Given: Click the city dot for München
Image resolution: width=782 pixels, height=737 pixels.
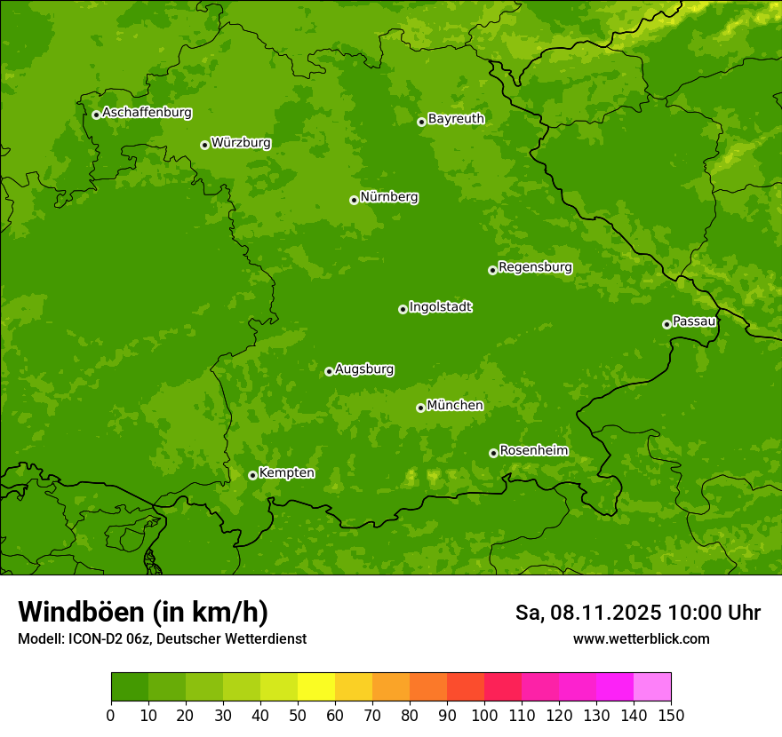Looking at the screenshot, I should (x=420, y=408).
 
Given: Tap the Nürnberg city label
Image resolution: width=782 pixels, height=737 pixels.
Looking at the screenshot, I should (x=389, y=197).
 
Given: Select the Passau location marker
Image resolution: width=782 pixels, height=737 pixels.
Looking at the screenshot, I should (x=666, y=324).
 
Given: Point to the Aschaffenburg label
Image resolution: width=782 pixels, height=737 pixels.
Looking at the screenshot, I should (x=147, y=113).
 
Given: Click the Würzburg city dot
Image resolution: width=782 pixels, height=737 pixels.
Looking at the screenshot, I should (x=204, y=145).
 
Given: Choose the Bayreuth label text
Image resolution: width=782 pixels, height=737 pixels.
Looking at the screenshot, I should (x=456, y=119).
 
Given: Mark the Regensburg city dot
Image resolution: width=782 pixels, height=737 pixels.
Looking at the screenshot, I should (x=492, y=270).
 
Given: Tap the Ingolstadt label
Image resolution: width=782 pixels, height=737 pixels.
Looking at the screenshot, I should (x=440, y=307).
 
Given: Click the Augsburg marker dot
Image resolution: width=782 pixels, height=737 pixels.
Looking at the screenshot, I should (x=329, y=371).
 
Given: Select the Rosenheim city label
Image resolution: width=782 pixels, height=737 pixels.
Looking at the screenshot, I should (x=533, y=450).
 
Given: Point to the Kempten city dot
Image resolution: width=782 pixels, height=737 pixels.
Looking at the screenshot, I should (x=252, y=475).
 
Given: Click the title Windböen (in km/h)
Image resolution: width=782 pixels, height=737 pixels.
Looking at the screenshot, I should (x=143, y=612).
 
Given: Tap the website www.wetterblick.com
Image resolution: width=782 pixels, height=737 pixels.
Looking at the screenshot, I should (x=641, y=638).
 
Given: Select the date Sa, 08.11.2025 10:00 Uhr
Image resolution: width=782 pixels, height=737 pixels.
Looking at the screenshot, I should (x=637, y=613).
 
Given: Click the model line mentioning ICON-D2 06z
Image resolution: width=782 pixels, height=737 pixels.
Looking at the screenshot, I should (x=162, y=638).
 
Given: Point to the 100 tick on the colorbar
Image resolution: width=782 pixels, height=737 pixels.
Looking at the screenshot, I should (x=484, y=715).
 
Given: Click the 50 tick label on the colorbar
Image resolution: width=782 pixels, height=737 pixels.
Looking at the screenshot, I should (x=298, y=715).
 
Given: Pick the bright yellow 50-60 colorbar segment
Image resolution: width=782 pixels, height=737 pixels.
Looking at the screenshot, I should (x=316, y=687).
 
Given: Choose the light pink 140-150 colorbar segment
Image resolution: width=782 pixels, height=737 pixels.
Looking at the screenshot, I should (x=652, y=687).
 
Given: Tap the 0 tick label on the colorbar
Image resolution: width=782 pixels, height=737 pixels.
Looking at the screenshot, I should (x=111, y=715).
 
